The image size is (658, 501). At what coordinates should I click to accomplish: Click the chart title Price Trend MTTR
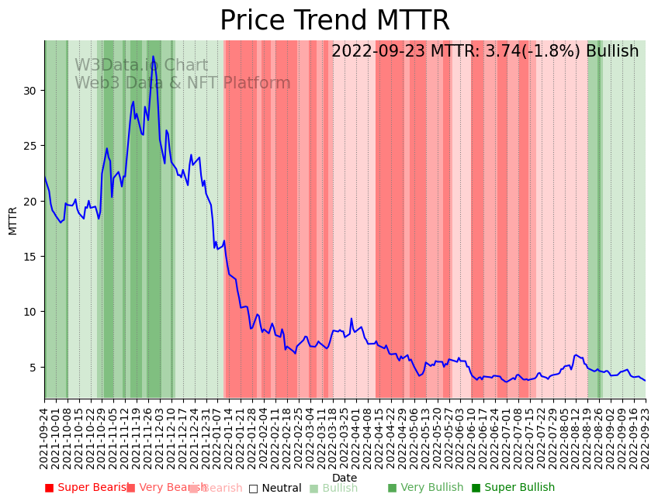click(x=334, y=21)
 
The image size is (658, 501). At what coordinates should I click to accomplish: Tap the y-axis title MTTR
click(x=13, y=220)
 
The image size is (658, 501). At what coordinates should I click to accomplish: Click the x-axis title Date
click(x=345, y=478)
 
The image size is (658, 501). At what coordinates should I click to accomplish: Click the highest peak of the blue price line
click(x=153, y=57)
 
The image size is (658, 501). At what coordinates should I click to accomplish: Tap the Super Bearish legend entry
click(x=86, y=488)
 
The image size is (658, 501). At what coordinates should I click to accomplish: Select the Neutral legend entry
click(x=275, y=488)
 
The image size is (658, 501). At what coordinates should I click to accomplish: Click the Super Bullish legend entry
click(x=513, y=488)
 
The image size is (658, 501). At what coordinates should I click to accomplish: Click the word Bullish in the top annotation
click(x=612, y=51)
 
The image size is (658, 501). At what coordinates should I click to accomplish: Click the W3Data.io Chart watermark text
click(x=141, y=66)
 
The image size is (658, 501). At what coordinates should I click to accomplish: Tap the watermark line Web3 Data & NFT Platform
click(x=182, y=83)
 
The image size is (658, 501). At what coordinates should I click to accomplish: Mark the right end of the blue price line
click(x=645, y=380)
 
